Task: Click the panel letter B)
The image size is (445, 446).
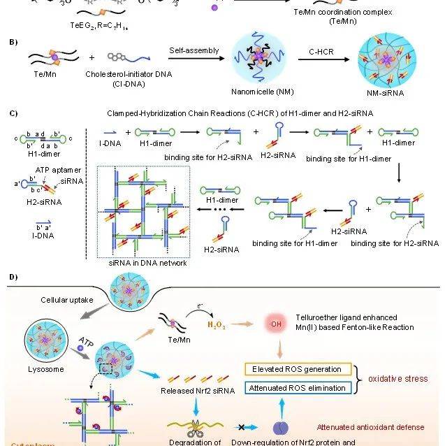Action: coord(13,43)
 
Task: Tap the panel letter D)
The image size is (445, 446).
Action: coord(13,278)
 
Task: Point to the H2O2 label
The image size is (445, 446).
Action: coord(217,326)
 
